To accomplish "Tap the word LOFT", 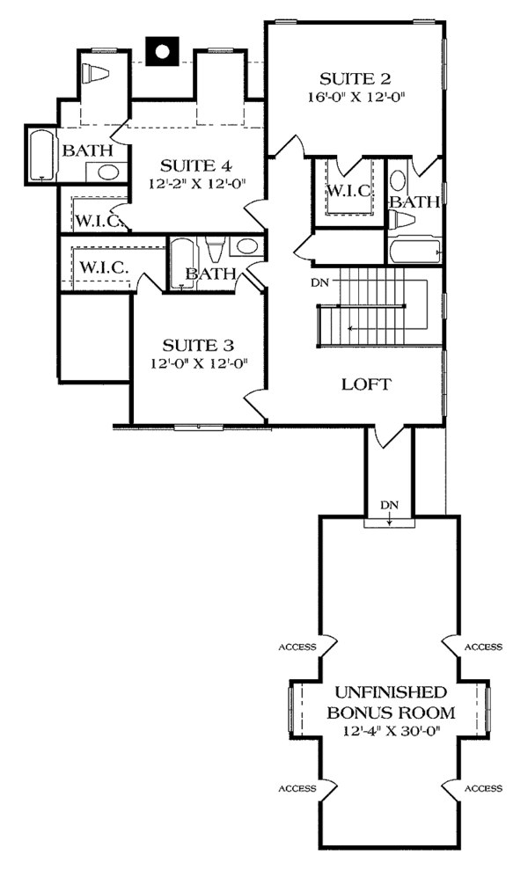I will click(x=365, y=384).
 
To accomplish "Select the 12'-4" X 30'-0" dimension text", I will click(x=389, y=730).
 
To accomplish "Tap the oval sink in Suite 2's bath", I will click(x=398, y=180).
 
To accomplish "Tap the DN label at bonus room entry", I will click(x=389, y=505).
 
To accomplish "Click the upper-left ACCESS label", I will click(x=297, y=647).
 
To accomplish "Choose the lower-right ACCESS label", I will click(x=483, y=788).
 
